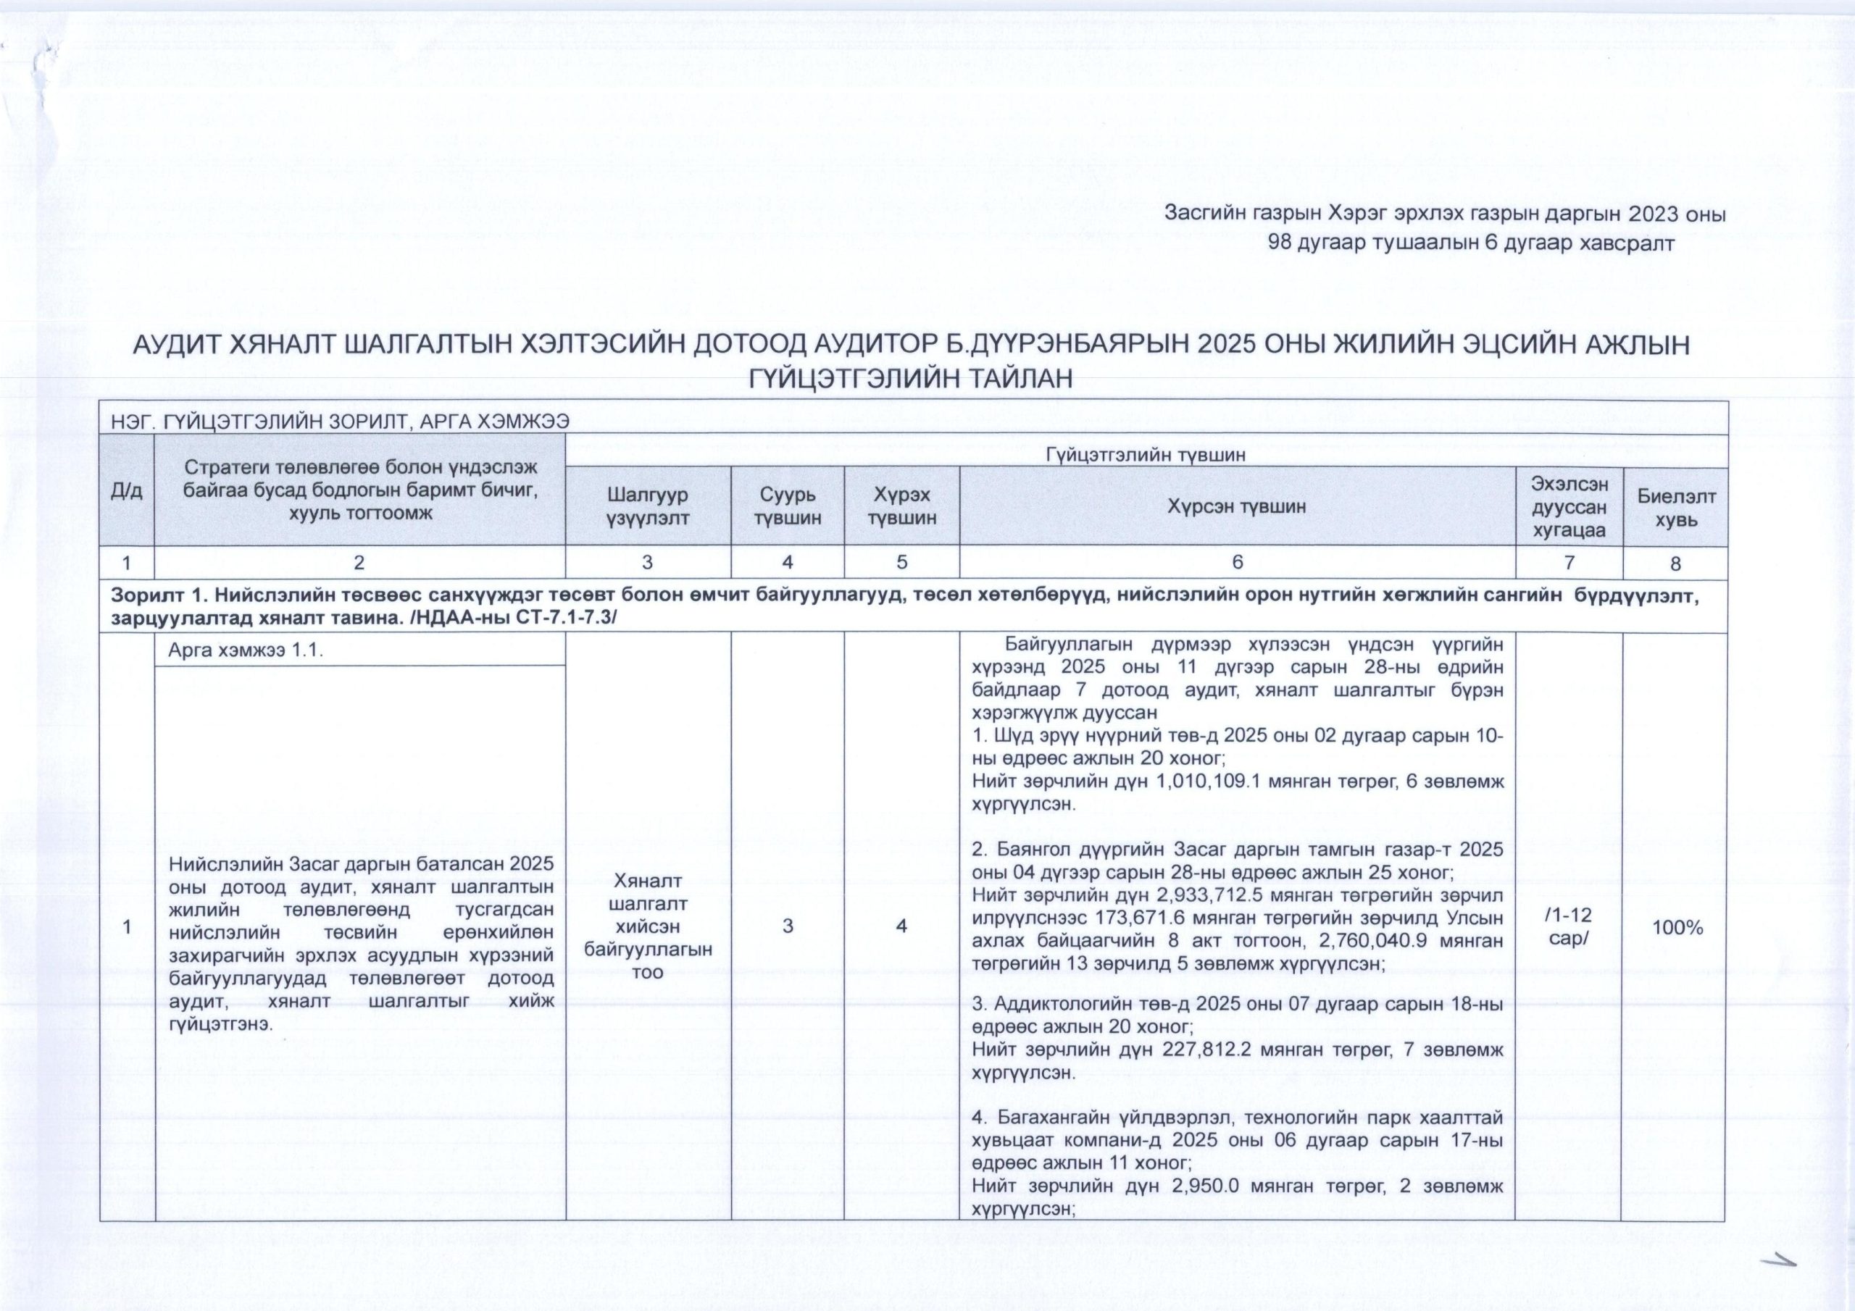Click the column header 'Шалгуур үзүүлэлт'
point(648,506)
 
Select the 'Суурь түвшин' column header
point(788,506)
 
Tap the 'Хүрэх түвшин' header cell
point(901,506)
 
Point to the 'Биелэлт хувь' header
point(1675,507)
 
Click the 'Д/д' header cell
point(127,491)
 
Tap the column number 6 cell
point(1237,562)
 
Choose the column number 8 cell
point(1675,563)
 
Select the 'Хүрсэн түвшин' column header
point(1237,507)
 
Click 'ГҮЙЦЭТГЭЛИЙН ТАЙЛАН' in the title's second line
point(912,378)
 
